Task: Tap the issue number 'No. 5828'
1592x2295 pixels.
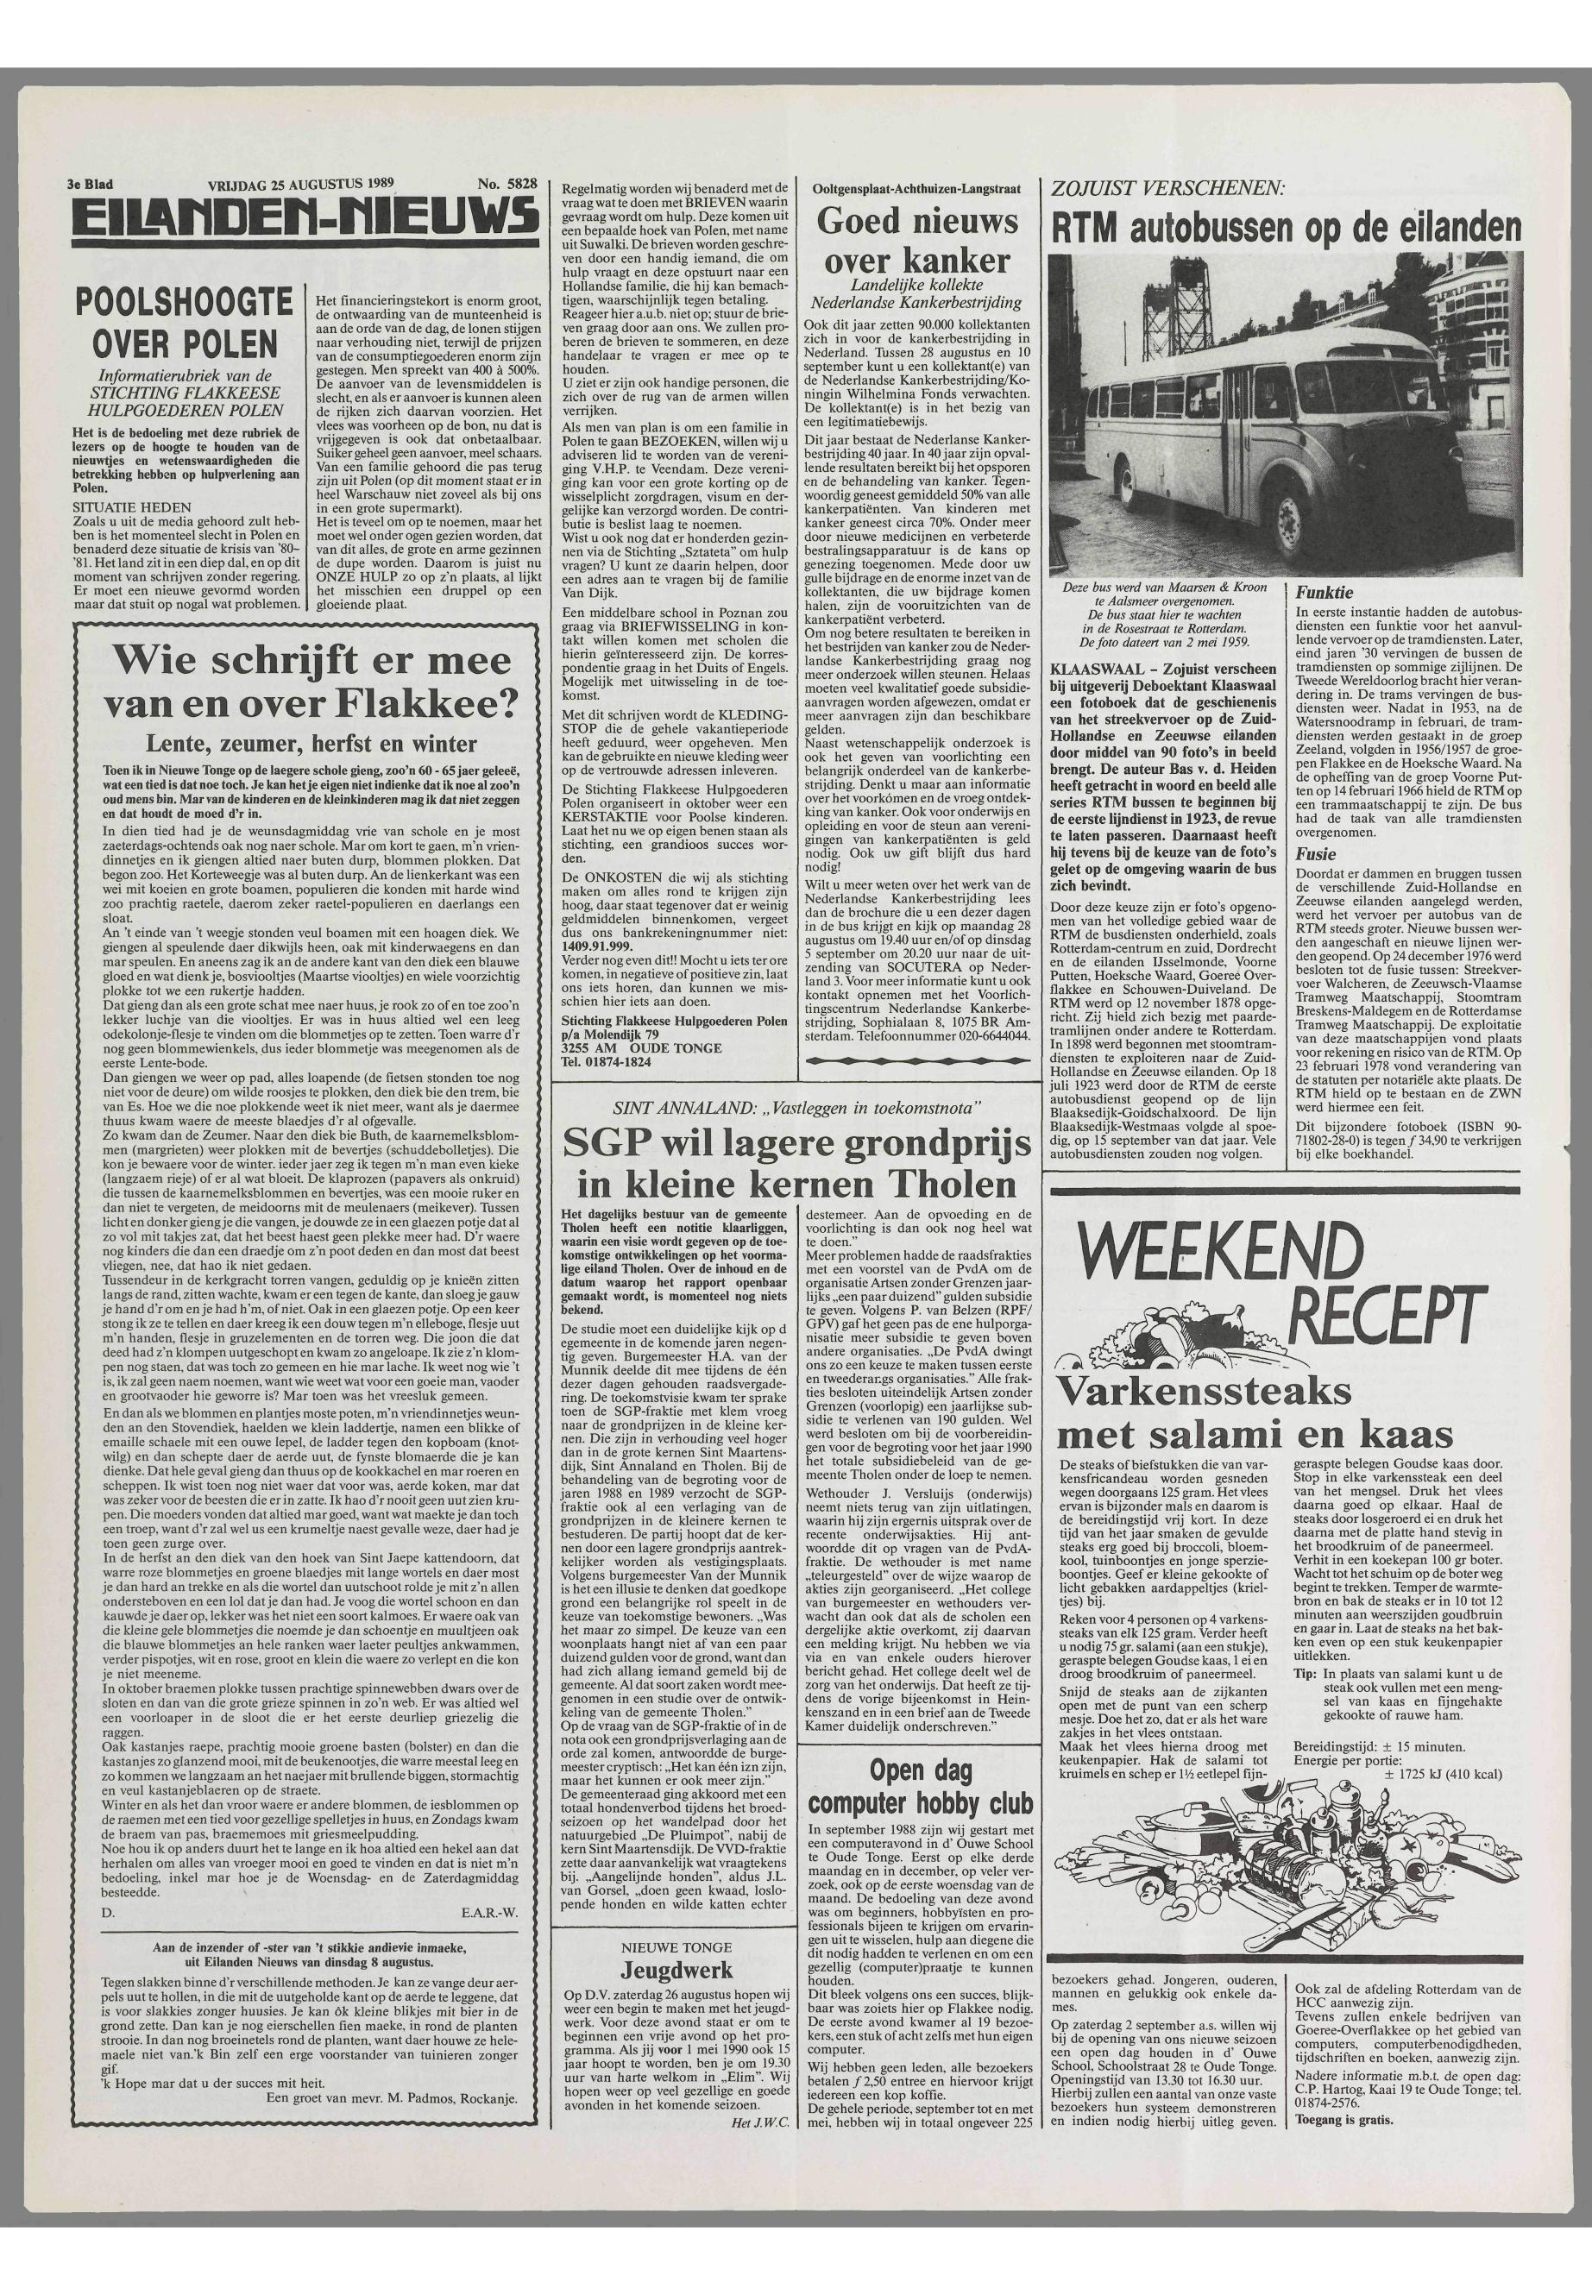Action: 507,185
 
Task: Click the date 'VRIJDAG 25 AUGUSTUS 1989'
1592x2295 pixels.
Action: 302,185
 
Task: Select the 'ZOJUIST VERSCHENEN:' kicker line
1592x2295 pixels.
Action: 1162,187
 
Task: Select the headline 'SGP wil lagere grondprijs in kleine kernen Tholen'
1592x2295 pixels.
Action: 796,1163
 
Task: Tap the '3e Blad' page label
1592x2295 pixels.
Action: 88,185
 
